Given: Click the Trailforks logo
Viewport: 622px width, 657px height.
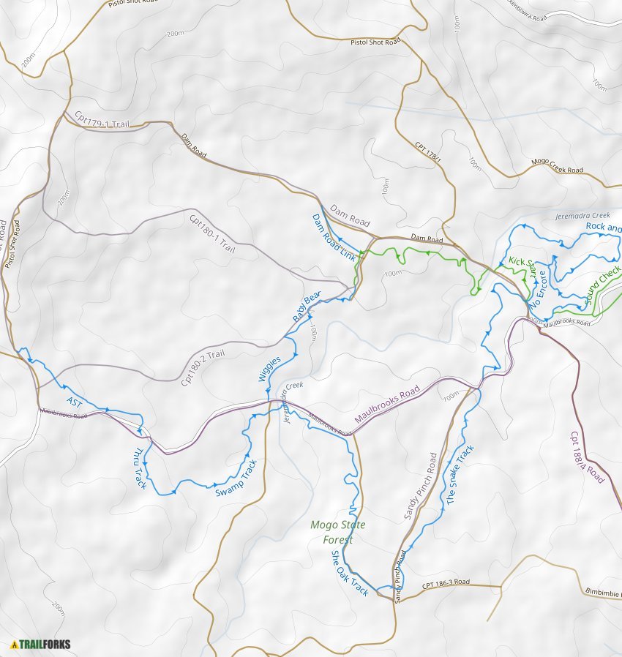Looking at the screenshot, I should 41,645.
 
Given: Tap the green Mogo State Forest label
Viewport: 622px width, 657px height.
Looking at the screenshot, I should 337,532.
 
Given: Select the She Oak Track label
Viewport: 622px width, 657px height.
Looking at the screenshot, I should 350,573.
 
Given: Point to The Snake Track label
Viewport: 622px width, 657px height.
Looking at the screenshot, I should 460,475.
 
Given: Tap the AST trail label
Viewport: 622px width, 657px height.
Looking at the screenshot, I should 75,402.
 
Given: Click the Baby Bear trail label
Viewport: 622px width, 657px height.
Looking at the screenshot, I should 307,307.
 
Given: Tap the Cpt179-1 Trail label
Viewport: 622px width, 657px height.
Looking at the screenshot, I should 102,120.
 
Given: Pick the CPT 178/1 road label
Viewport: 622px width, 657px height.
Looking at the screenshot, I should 429,151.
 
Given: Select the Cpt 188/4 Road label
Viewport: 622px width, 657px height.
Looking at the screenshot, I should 588,457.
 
